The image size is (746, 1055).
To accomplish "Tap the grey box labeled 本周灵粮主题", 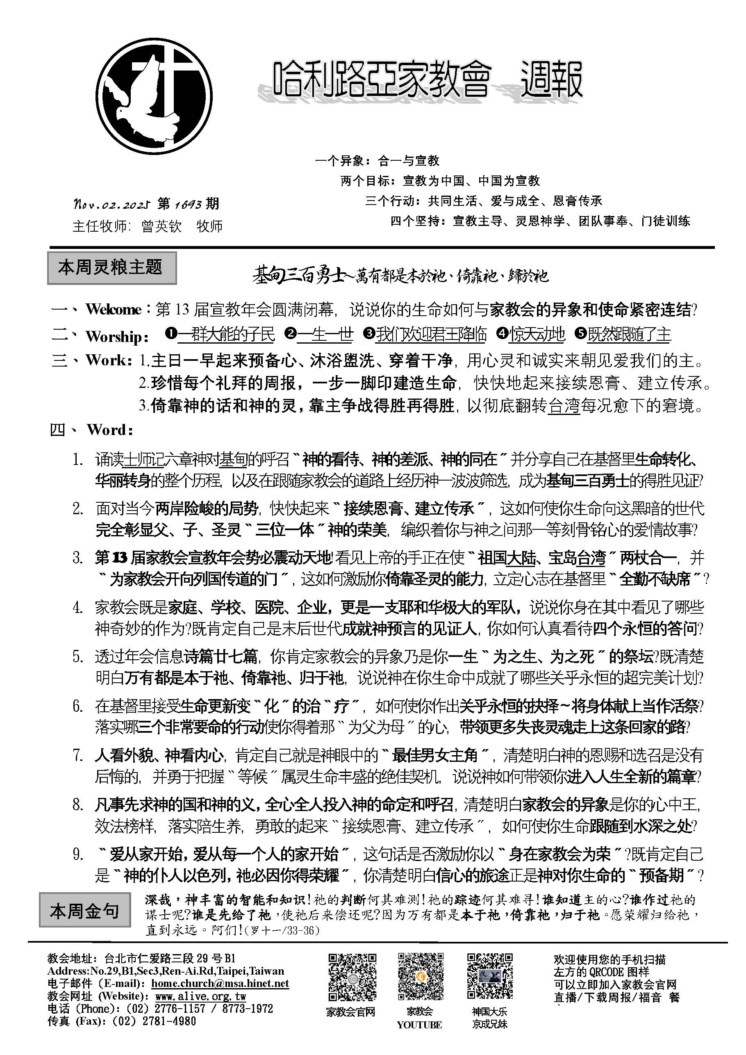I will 111,267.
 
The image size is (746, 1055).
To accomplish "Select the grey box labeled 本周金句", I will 84,911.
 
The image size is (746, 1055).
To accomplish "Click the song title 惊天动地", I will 537,335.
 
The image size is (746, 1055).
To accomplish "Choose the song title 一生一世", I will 325,335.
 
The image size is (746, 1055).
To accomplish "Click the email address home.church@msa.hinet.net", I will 220,983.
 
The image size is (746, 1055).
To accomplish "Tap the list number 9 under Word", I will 78,854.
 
